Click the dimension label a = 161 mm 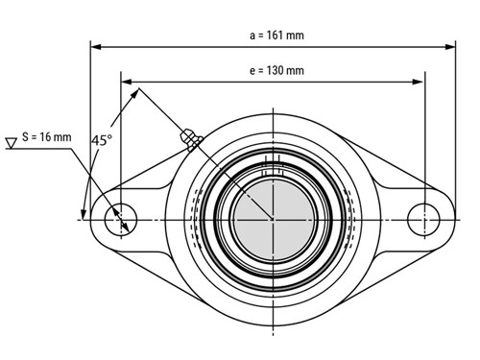276,36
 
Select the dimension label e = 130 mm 276,70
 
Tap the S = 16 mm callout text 47,137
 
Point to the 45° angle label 102,140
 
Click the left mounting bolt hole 121,219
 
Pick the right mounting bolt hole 423,220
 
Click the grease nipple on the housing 191,139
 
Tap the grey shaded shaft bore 273,219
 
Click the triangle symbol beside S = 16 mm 12,143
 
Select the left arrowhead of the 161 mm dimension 96,47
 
